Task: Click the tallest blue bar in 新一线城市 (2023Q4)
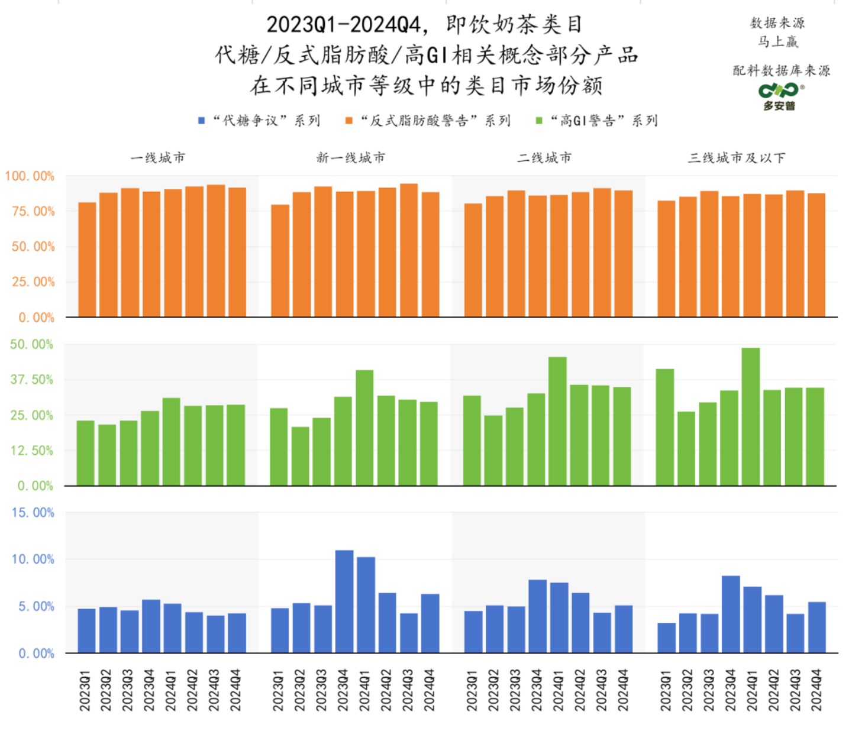click(x=344, y=601)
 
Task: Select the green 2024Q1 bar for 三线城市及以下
click(x=750, y=417)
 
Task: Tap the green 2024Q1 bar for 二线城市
click(x=557, y=421)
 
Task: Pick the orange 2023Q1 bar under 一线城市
click(x=87, y=260)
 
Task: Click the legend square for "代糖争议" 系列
click(x=201, y=121)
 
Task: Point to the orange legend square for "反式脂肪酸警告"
click(x=349, y=121)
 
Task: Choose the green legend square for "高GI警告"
click(x=539, y=121)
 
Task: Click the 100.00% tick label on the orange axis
click(x=30, y=176)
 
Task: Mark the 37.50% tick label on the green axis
click(x=31, y=380)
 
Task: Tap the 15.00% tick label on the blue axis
click(x=33, y=513)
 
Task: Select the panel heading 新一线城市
click(x=351, y=158)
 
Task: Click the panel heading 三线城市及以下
click(x=737, y=158)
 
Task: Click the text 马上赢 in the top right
click(x=778, y=42)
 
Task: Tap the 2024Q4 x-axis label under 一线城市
click(x=235, y=690)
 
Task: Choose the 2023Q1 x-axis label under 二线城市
click(x=472, y=690)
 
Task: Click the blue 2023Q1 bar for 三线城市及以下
click(x=666, y=638)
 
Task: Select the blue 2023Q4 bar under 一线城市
click(x=151, y=626)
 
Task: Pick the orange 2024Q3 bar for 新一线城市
click(x=409, y=250)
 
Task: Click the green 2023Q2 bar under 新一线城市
click(x=300, y=456)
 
